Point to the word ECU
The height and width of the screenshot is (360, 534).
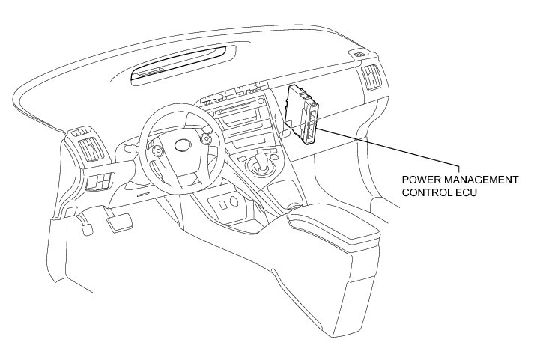tap(468, 192)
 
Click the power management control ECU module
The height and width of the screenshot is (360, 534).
tap(306, 113)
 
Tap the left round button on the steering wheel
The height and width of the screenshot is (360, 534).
tap(157, 150)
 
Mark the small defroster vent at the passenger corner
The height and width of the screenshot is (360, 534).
tap(360, 55)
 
